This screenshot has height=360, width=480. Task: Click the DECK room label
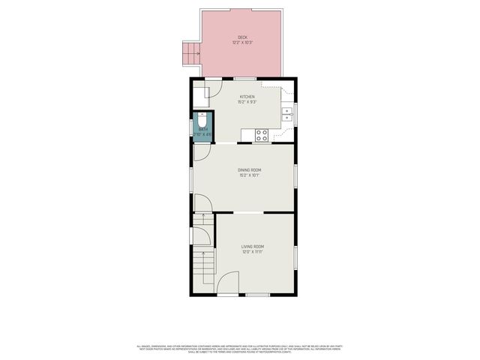pyautogui.click(x=242, y=37)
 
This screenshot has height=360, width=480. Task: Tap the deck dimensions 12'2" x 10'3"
pyautogui.click(x=242, y=43)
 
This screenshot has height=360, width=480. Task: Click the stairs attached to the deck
pyautogui.click(x=191, y=52)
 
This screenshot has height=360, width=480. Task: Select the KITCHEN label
pyautogui.click(x=247, y=97)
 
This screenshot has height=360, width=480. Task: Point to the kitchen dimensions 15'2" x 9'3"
pyautogui.click(x=247, y=103)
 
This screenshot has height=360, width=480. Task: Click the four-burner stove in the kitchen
pyautogui.click(x=262, y=135)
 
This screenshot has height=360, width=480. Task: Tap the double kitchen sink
pyautogui.click(x=287, y=114)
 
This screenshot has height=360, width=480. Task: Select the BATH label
pyautogui.click(x=202, y=129)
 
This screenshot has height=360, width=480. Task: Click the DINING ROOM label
pyautogui.click(x=250, y=170)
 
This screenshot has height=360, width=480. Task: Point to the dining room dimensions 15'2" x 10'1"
pyautogui.click(x=250, y=176)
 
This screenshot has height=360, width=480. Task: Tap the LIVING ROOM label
pyautogui.click(x=253, y=247)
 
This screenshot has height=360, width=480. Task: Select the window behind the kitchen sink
pyautogui.click(x=295, y=114)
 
